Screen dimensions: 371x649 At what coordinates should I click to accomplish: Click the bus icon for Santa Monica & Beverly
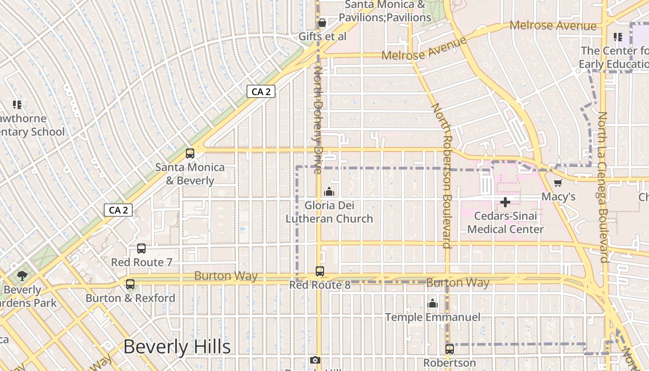(190, 154)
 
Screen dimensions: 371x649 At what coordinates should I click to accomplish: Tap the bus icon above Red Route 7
(141, 249)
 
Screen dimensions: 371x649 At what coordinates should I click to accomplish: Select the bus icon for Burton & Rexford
(130, 284)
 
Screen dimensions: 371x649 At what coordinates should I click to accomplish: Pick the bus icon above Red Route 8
(319, 271)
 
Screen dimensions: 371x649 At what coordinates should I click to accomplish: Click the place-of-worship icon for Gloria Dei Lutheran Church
(329, 191)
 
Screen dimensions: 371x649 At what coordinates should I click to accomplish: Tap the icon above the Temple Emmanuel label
(433, 303)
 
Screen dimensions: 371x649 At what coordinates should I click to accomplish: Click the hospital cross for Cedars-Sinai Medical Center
(505, 202)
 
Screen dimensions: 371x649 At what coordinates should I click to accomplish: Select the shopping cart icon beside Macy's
(558, 183)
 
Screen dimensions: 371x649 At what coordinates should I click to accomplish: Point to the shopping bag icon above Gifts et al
(322, 23)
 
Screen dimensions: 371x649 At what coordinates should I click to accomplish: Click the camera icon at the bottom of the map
(315, 360)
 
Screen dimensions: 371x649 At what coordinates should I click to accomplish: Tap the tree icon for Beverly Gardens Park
(22, 276)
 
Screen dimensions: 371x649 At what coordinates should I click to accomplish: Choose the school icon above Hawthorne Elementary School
(17, 105)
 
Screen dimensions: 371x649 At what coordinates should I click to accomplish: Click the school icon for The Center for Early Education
(617, 37)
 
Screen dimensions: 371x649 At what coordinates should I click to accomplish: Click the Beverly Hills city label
(177, 347)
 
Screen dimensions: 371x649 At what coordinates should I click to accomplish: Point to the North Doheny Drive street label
(318, 120)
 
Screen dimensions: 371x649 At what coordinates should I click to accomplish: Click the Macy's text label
(558, 197)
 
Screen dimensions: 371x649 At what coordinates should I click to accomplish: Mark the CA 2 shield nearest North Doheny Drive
(261, 92)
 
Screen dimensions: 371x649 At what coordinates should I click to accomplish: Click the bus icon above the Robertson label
(449, 349)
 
